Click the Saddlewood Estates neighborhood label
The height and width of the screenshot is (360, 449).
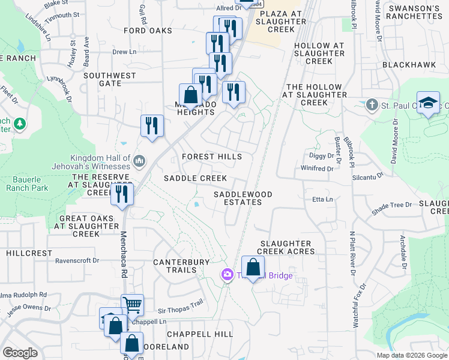pos(243,198)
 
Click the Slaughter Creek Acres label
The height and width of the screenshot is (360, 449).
pos(286,247)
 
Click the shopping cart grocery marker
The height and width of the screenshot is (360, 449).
pos(131,304)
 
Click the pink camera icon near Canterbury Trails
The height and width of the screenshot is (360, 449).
pos(227,275)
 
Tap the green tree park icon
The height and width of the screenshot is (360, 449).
pos(20,124)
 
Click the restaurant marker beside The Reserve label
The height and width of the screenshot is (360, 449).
pos(122,194)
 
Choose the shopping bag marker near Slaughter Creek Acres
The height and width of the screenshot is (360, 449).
pos(253,267)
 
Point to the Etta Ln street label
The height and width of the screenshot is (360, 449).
pos(322,199)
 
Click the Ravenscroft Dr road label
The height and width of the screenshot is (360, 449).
pos(77,260)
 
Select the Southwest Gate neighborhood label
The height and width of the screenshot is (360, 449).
pos(110,79)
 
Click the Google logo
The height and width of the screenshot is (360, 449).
pos(20,353)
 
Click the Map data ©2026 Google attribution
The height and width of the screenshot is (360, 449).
pos(411,355)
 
